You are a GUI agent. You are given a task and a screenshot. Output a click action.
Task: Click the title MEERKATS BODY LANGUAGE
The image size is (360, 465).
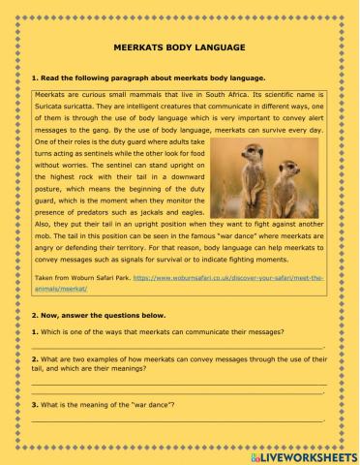click(x=180, y=46)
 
